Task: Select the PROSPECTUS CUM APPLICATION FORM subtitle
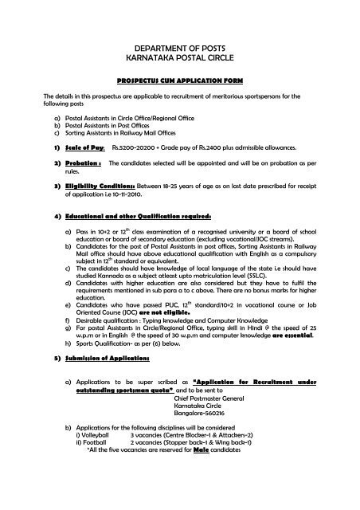coord(179,81)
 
